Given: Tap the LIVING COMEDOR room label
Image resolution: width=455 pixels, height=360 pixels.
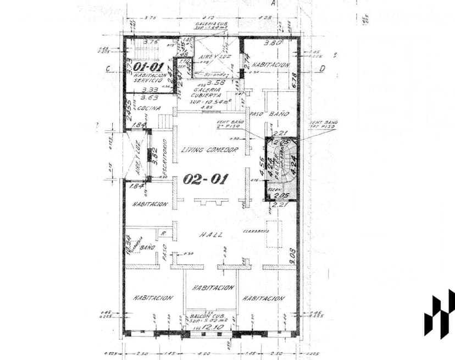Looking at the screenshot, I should [209, 150].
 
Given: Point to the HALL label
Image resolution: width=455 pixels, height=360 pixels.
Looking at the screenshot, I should [210, 235].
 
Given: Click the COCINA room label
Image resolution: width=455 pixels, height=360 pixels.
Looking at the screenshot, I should [148, 108].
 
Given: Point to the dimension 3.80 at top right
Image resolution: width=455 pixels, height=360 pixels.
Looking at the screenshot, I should [273, 43].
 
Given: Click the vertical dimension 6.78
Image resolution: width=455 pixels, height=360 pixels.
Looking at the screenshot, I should [294, 80].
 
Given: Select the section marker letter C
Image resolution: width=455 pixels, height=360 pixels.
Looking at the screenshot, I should [108, 69].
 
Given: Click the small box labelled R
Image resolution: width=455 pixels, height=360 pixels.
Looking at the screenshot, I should [163, 234].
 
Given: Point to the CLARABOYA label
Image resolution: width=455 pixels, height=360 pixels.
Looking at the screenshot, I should [256, 231].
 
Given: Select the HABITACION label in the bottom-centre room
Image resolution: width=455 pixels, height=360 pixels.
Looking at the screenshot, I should [213, 287].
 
